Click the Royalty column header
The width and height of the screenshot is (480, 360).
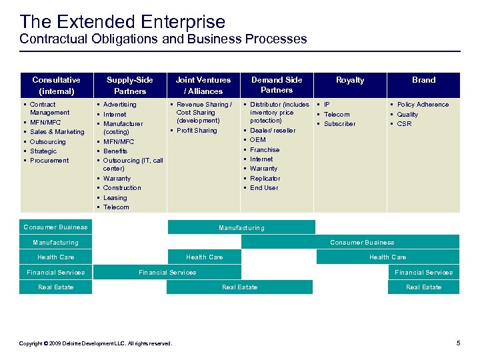350,80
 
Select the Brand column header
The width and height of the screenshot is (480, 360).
423,80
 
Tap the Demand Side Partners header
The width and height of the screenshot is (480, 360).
277,85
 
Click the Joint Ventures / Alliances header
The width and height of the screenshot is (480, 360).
203,85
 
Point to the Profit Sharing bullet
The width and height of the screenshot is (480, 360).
197,131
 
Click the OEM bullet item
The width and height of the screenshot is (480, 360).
257,140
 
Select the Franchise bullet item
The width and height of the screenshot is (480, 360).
265,150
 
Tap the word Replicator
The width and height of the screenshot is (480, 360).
265,179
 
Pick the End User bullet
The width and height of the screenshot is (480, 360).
264,188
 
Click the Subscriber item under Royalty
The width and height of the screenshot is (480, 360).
339,124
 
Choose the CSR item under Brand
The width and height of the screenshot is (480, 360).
404,124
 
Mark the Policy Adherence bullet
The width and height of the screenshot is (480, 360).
423,105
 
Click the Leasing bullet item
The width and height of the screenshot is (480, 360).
115,198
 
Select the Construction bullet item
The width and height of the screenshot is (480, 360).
122,188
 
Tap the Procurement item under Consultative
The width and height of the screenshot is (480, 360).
49,161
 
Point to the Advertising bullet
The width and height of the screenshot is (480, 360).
119,105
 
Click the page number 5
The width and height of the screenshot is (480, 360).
458,343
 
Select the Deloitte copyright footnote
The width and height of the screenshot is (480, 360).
95,343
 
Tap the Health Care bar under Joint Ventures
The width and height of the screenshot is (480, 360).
204,257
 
